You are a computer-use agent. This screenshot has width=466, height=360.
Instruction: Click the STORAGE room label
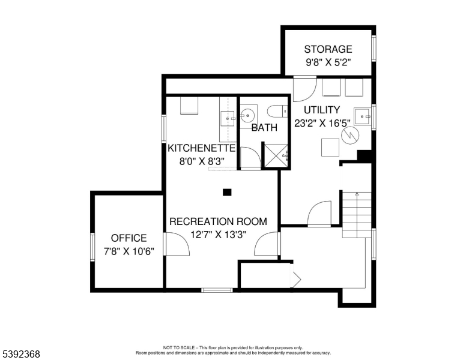pyautogui.click(x=328, y=49)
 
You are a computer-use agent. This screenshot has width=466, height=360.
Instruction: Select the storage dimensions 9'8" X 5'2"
pyautogui.click(x=328, y=62)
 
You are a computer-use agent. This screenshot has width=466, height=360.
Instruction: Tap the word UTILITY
pyautogui.click(x=321, y=110)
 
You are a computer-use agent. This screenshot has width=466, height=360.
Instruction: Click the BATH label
pyautogui.click(x=264, y=128)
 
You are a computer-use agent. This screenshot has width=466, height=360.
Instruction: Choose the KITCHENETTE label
pyautogui.click(x=201, y=148)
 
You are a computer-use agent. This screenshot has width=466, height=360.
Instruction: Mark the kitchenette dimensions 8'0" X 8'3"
pyautogui.click(x=201, y=161)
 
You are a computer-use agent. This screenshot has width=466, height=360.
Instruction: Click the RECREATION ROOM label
pyautogui.click(x=218, y=221)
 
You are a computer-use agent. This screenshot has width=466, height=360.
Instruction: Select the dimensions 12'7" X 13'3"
pyautogui.click(x=218, y=235)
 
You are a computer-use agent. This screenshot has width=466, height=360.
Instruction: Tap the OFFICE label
pyautogui.click(x=129, y=238)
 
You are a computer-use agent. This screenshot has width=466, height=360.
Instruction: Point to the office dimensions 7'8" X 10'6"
pyautogui.click(x=129, y=251)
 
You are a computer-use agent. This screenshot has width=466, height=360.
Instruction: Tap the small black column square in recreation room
pyautogui.click(x=226, y=192)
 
